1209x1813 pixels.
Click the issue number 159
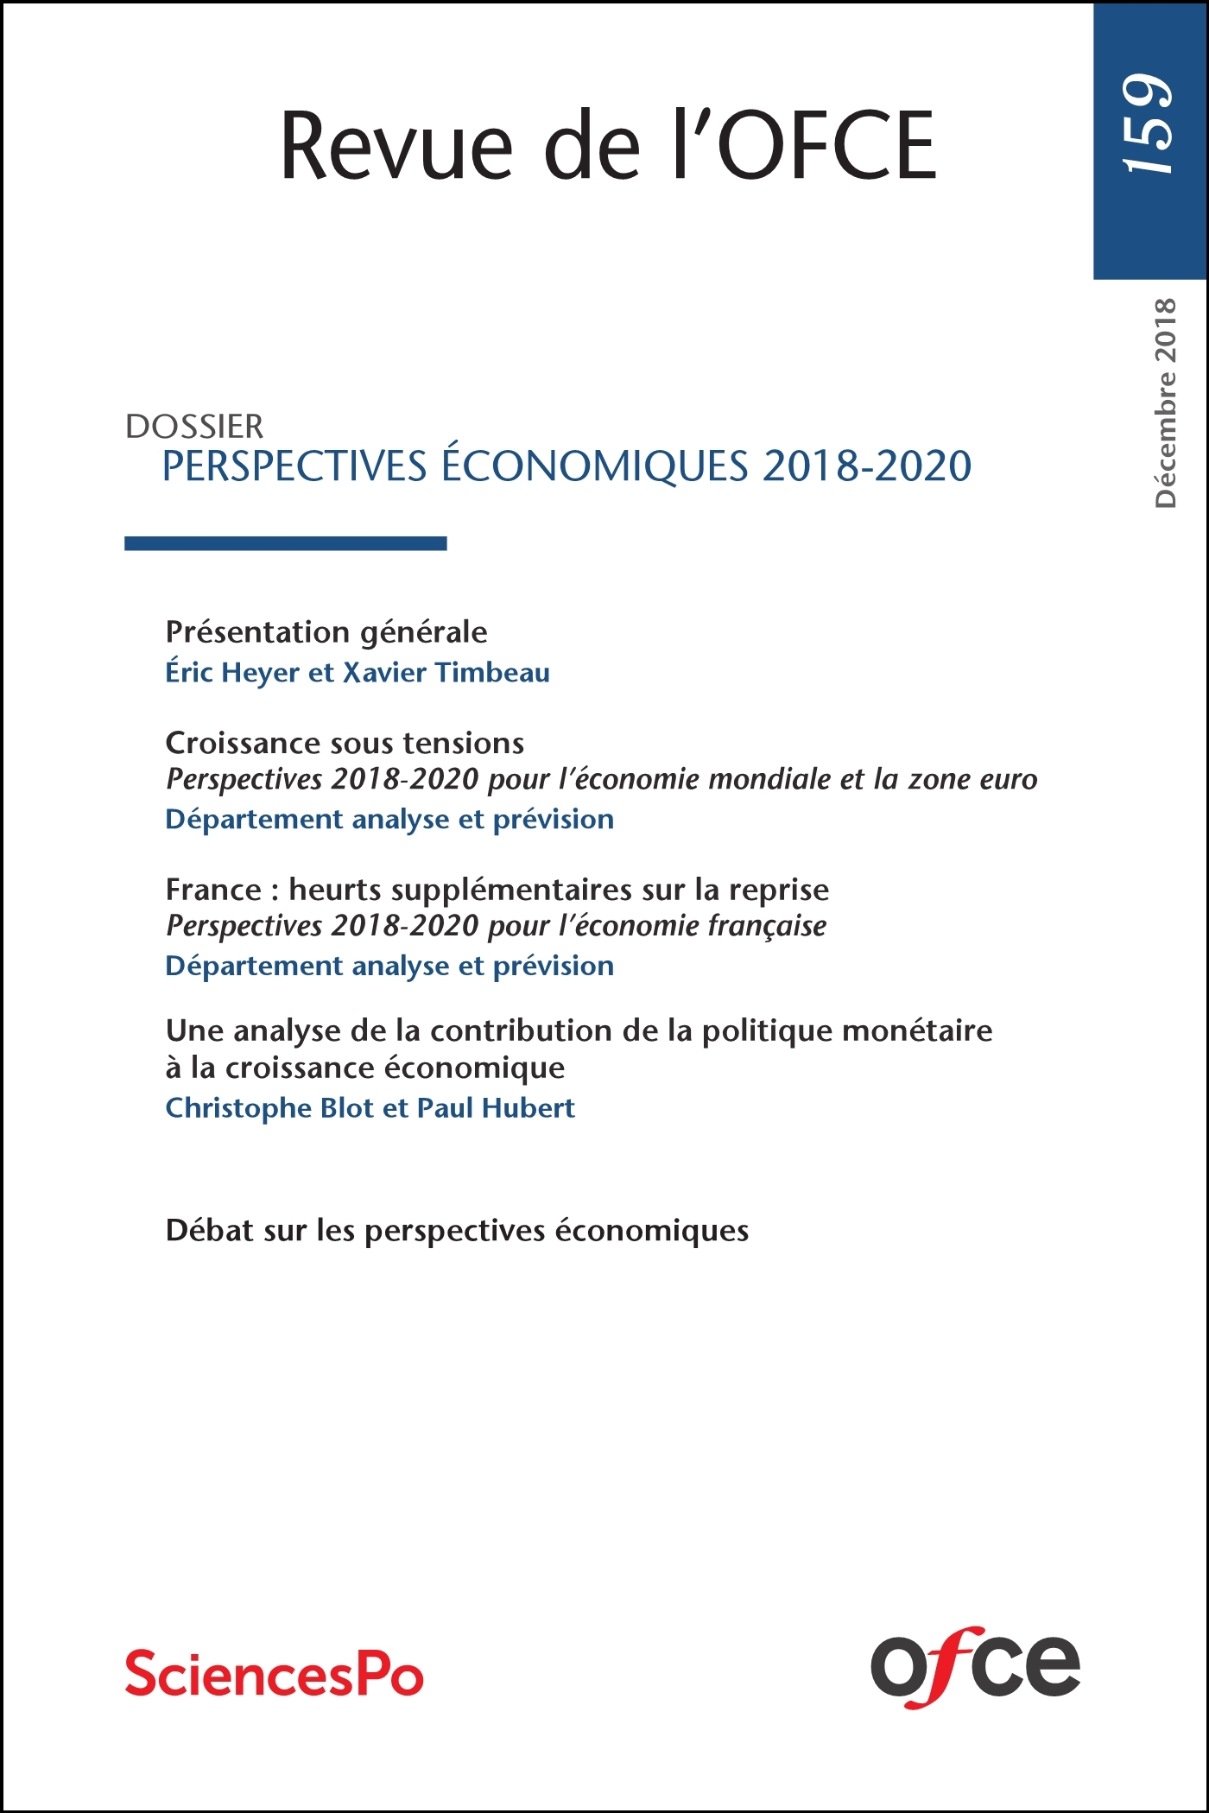(x=1149, y=124)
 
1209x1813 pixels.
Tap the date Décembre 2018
(x=1165, y=403)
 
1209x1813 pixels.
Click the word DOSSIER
(x=194, y=427)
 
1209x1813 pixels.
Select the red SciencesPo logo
(x=275, y=1673)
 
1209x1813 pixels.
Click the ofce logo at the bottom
(x=975, y=1666)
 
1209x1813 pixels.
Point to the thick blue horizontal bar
(x=285, y=543)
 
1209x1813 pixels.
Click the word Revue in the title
(x=396, y=146)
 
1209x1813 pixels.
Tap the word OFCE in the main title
(x=826, y=146)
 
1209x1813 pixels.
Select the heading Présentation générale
(x=326, y=632)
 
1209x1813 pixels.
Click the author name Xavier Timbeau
(x=446, y=673)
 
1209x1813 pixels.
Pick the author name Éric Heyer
(x=232, y=673)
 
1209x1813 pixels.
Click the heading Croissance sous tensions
(x=345, y=743)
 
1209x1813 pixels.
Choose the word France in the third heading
(x=213, y=890)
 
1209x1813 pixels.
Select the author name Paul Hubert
(x=496, y=1108)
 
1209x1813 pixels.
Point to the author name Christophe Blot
(x=269, y=1108)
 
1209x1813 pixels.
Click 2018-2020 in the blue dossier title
(x=867, y=466)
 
